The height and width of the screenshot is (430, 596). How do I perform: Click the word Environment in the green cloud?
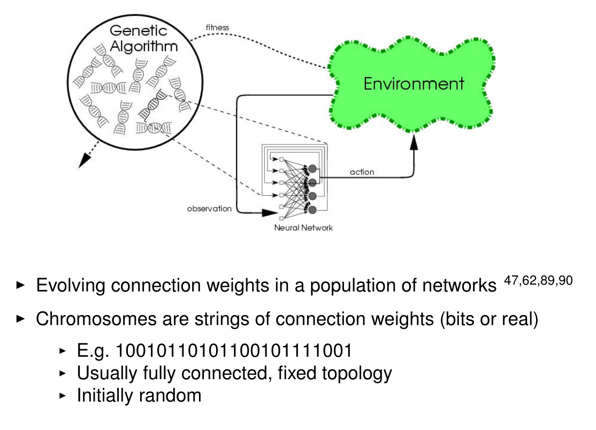(x=414, y=83)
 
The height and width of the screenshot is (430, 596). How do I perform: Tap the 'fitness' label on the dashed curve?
(x=217, y=27)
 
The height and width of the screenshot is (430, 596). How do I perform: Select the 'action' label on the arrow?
(x=362, y=172)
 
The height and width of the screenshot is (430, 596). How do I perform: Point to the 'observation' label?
(x=209, y=209)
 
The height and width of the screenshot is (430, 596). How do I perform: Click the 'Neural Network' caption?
(x=303, y=228)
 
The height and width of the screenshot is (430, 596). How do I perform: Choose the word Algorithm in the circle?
(x=143, y=47)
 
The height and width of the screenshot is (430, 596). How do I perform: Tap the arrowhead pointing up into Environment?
(x=414, y=142)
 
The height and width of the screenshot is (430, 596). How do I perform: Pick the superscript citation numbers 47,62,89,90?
(x=538, y=279)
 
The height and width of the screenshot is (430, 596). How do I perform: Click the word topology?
(x=355, y=373)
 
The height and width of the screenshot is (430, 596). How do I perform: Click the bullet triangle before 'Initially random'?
(x=63, y=395)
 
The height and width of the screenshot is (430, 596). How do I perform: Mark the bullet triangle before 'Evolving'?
(x=21, y=286)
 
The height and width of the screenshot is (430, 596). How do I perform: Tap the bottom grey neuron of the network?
(x=312, y=209)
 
